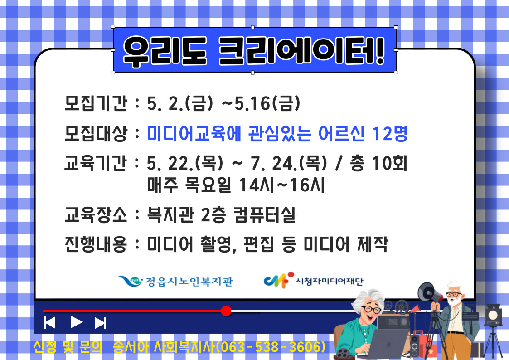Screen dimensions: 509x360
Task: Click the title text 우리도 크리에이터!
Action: pyautogui.click(x=254, y=51)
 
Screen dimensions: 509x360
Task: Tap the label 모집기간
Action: pyautogui.click(x=96, y=103)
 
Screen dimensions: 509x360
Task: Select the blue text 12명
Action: pyautogui.click(x=389, y=133)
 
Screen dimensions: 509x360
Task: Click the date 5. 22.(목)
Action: pyautogui.click(x=185, y=163)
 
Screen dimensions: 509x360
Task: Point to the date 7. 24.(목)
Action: pyautogui.click(x=289, y=163)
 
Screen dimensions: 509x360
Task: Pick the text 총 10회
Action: pyautogui.click(x=378, y=163)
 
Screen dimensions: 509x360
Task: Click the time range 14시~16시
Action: pyautogui.click(x=281, y=185)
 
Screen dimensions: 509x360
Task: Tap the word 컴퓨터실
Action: pyautogui.click(x=264, y=214)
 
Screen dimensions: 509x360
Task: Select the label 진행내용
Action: pyautogui.click(x=96, y=244)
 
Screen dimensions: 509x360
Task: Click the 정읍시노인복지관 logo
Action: pyautogui.click(x=175, y=281)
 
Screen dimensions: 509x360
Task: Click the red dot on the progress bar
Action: pyautogui.click(x=226, y=311)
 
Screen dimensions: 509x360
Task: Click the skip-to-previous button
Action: pyautogui.click(x=49, y=323)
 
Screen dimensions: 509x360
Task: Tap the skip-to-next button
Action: pyautogui.click(x=100, y=323)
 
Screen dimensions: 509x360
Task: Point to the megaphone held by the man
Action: pyautogui.click(x=429, y=293)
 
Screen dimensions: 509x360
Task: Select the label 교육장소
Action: pyautogui.click(x=96, y=214)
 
